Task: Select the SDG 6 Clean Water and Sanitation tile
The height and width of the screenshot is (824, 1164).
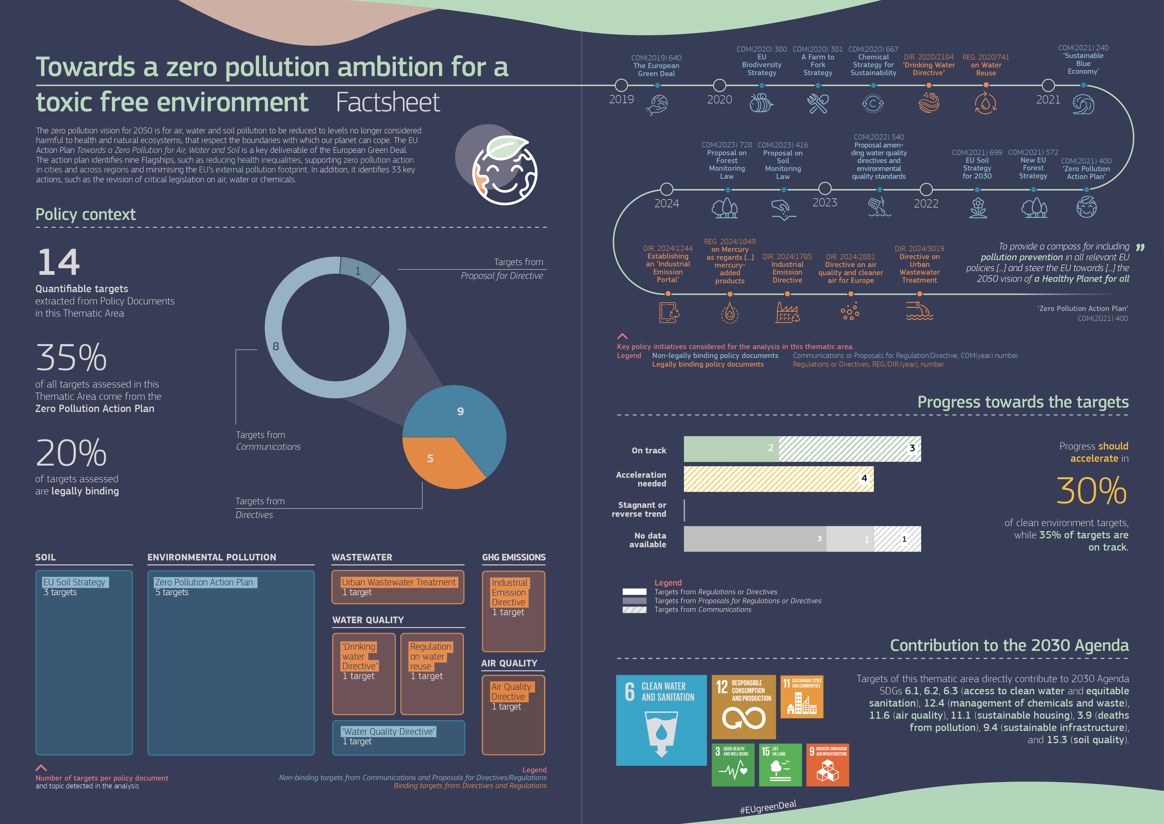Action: pyautogui.click(x=660, y=719)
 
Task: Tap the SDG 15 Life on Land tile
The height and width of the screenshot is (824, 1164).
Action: pyautogui.click(x=780, y=765)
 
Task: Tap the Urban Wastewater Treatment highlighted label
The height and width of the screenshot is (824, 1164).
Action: pyautogui.click(x=398, y=582)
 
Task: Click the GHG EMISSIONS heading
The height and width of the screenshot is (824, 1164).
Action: pyautogui.click(x=513, y=557)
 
